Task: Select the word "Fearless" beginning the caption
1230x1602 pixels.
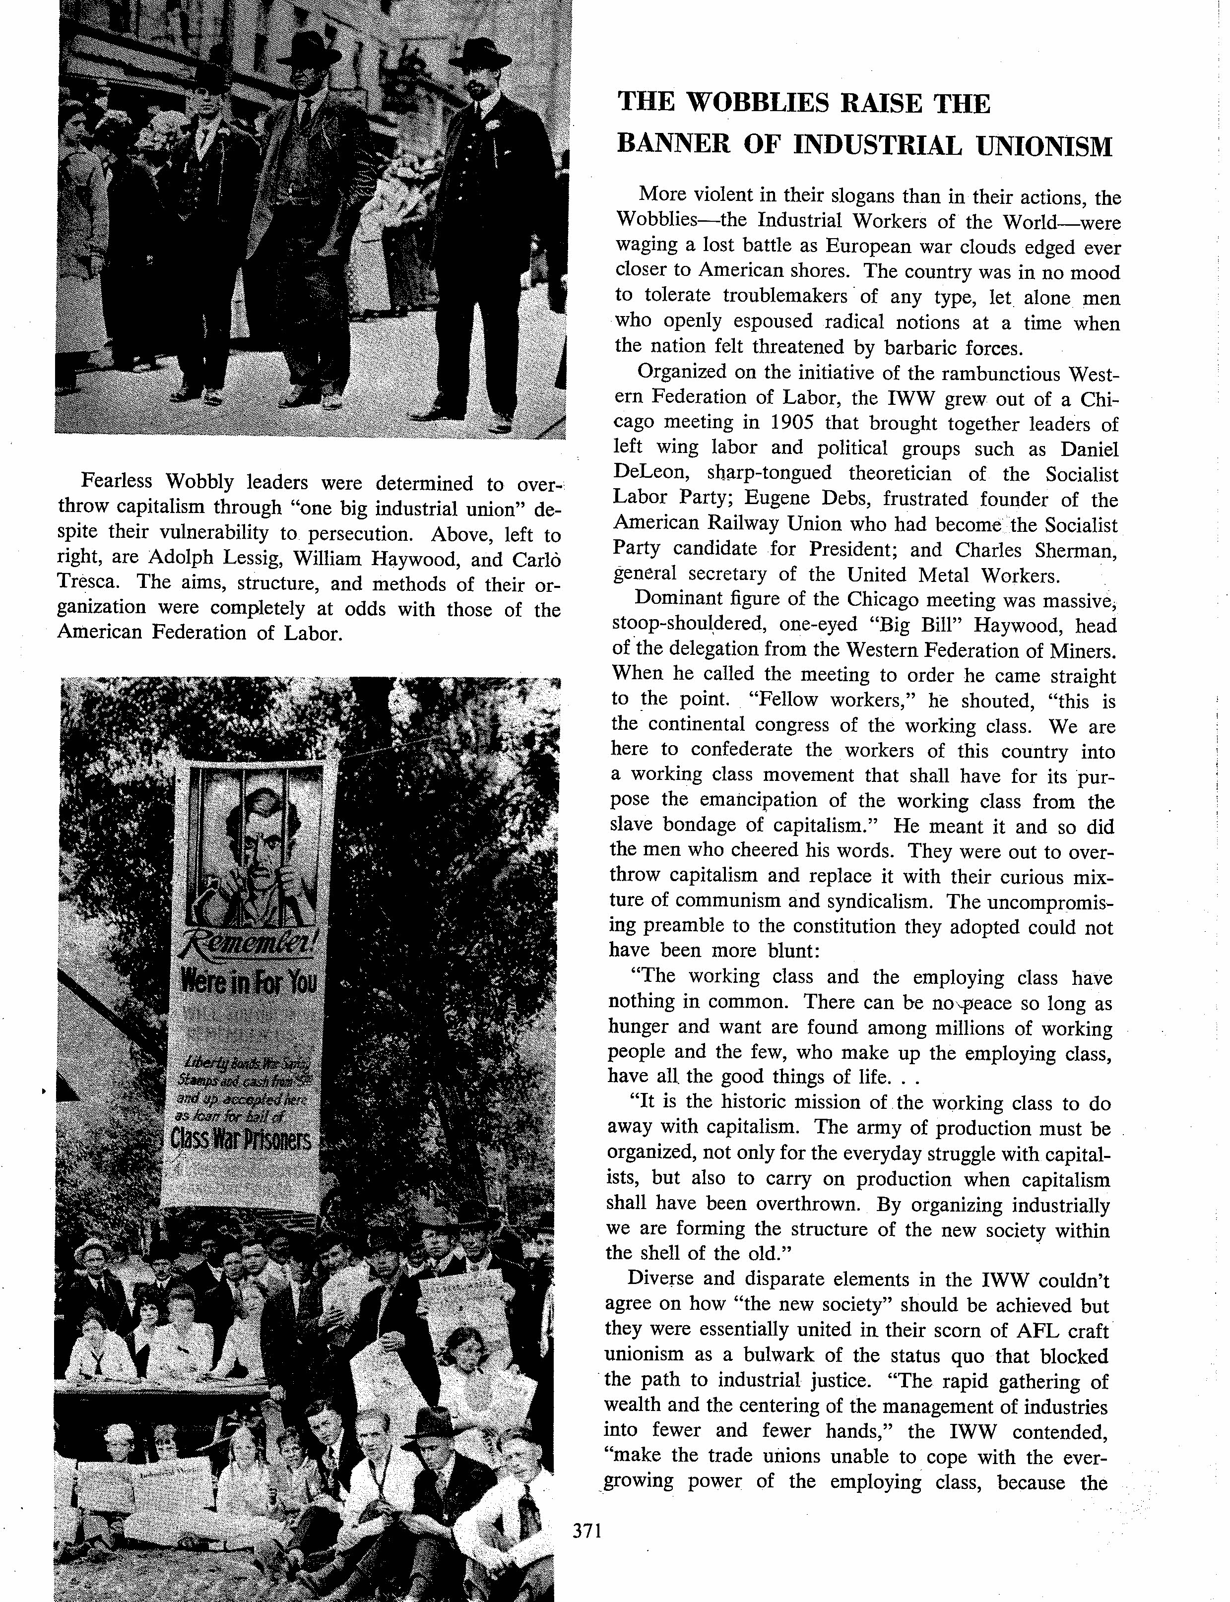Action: pyautogui.click(x=117, y=481)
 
